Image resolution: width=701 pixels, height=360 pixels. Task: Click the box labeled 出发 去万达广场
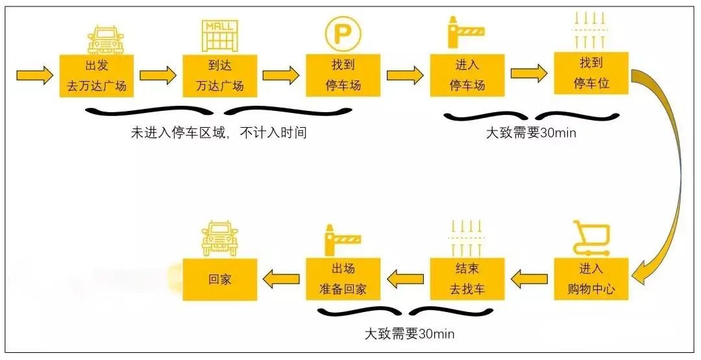(96, 75)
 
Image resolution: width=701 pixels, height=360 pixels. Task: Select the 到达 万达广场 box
(219, 75)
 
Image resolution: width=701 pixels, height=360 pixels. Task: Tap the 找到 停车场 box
(343, 75)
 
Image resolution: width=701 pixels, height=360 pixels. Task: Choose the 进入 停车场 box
(467, 75)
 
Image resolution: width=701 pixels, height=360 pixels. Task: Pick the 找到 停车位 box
(591, 73)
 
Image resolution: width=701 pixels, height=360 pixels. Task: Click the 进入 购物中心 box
(591, 279)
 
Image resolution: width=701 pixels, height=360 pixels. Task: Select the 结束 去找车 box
(467, 279)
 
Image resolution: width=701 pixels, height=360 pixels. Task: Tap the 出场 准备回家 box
(343, 279)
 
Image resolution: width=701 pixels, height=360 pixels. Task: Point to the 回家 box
(219, 280)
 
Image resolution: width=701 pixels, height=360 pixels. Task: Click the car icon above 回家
(219, 238)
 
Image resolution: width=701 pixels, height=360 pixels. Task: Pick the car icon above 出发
(105, 39)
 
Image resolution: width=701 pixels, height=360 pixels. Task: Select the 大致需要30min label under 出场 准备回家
(408, 334)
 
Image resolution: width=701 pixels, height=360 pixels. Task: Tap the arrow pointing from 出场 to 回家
(281, 280)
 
